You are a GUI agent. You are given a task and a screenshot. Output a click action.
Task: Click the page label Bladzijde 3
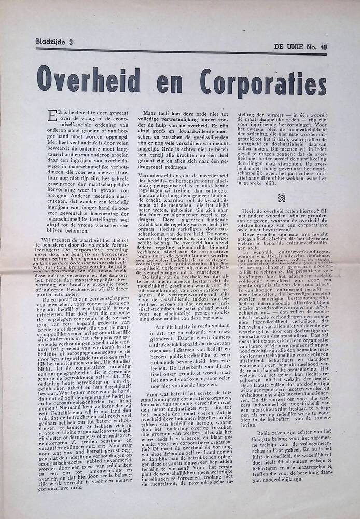tap(54, 42)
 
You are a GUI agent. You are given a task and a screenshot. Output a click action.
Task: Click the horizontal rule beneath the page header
tap(181, 51)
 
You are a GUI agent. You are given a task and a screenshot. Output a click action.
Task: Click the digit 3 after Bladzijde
tap(69, 42)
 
